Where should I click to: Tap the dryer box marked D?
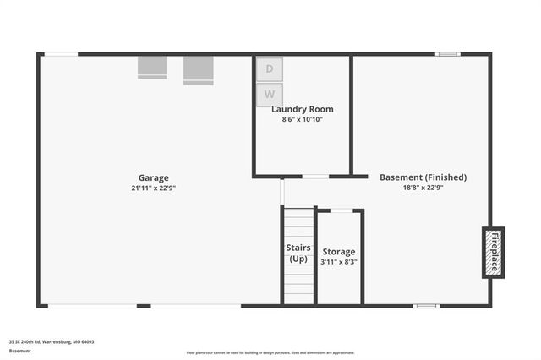[270, 68]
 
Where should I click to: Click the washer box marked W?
[270, 95]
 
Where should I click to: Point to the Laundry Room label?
[302, 109]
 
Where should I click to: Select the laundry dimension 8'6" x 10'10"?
[302, 120]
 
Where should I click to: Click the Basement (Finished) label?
[423, 177]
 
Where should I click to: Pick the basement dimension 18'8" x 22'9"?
[423, 188]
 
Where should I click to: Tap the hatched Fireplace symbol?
[493, 252]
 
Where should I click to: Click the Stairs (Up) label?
[298, 254]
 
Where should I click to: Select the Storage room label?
[338, 252]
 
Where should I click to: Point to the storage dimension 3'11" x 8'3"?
[338, 262]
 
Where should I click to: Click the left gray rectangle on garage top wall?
[152, 67]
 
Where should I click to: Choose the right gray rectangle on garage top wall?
[198, 69]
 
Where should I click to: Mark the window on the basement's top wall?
[447, 54]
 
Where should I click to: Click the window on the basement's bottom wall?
[426, 305]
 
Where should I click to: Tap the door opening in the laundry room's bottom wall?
[315, 177]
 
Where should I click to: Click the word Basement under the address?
[19, 350]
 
